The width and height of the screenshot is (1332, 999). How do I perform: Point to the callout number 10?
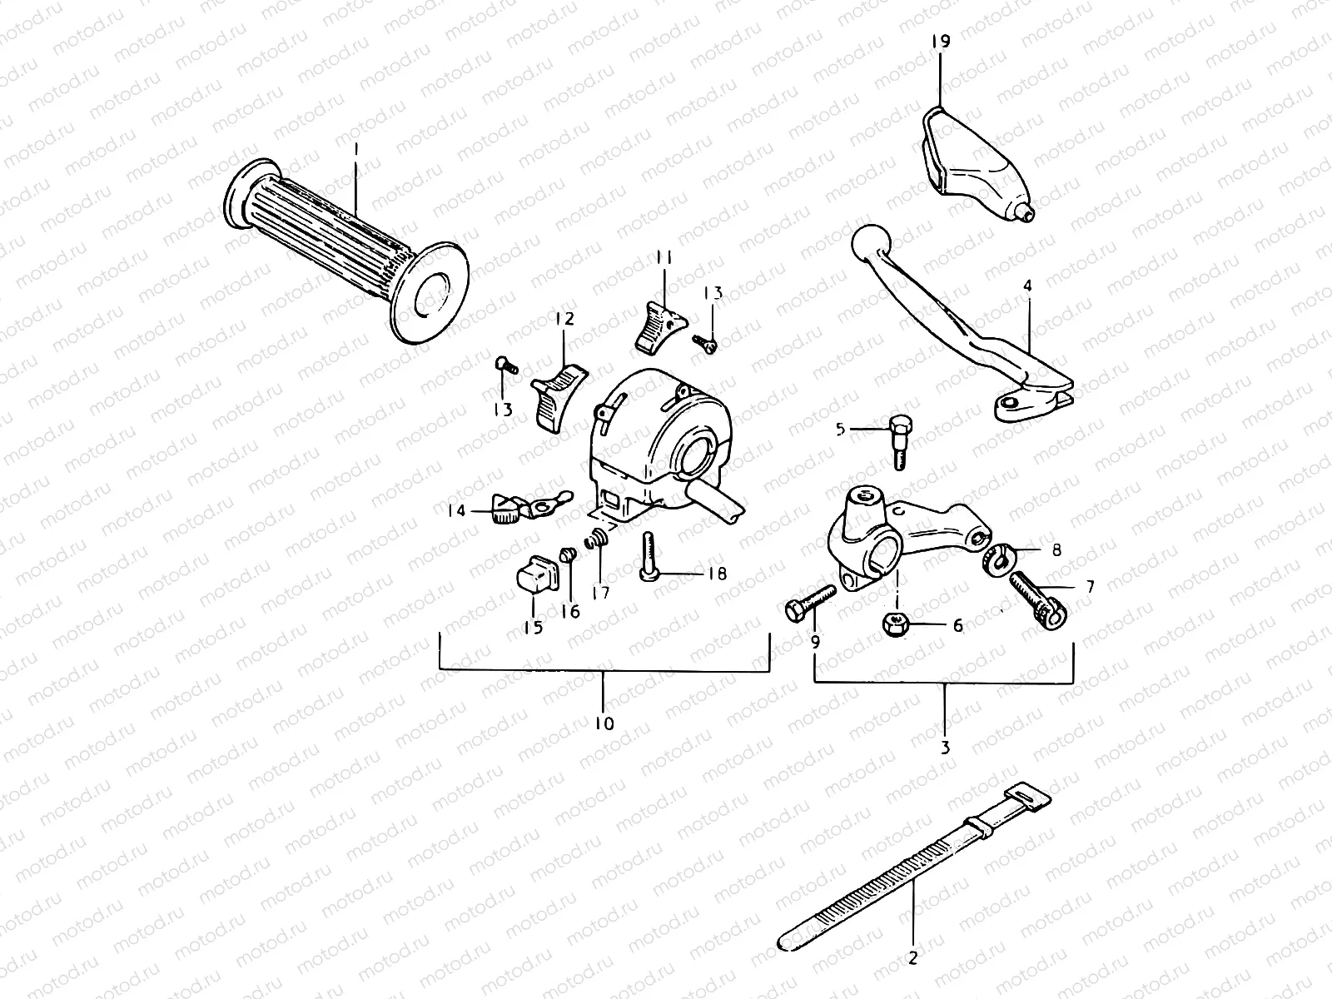pyautogui.click(x=604, y=723)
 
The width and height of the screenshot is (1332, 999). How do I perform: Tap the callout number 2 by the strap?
pyautogui.click(x=912, y=959)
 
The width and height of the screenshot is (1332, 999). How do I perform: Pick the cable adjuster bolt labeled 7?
pyautogui.click(x=1036, y=599)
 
